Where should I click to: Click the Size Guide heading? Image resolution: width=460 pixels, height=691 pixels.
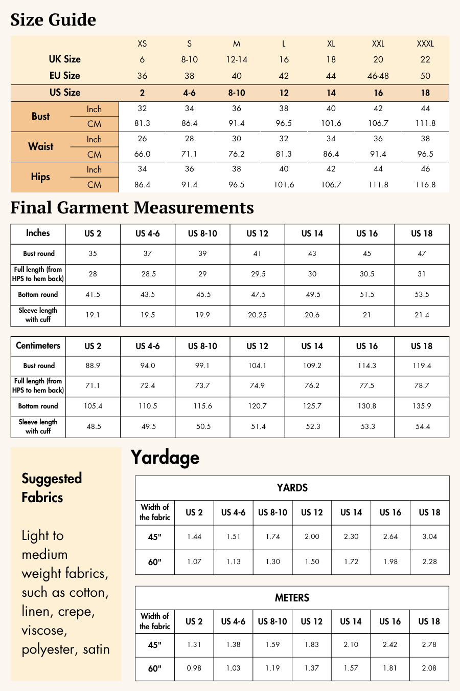tap(53, 20)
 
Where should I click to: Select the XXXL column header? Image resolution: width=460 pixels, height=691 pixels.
tap(425, 44)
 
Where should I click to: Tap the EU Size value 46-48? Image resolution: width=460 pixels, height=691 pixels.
tap(378, 76)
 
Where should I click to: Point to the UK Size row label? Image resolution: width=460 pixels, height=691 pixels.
tap(65, 59)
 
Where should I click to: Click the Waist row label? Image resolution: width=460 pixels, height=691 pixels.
tap(41, 146)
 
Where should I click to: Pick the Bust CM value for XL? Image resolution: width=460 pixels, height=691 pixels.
tap(331, 123)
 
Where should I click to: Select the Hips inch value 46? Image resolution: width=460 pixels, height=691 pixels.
tap(425, 169)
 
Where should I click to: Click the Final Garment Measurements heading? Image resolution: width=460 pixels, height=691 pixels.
tap(132, 207)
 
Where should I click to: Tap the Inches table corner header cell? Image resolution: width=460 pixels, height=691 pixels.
tap(38, 233)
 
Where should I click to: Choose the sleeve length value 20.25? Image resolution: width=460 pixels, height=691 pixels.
tap(257, 315)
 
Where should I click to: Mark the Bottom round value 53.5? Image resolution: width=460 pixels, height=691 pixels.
tap(422, 295)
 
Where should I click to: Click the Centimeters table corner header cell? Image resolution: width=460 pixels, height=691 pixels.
tap(38, 345)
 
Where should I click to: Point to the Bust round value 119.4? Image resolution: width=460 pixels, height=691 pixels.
tap(422, 366)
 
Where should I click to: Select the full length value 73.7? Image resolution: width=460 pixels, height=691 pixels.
tap(202, 385)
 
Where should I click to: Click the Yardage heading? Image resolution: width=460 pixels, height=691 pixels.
tap(165, 457)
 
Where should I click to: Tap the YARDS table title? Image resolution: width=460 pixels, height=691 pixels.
tap(292, 488)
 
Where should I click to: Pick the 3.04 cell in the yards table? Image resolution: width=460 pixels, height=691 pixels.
tap(429, 537)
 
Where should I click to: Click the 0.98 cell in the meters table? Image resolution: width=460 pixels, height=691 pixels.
tap(194, 668)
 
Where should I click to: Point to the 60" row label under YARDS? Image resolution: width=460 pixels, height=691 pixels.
tap(155, 562)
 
